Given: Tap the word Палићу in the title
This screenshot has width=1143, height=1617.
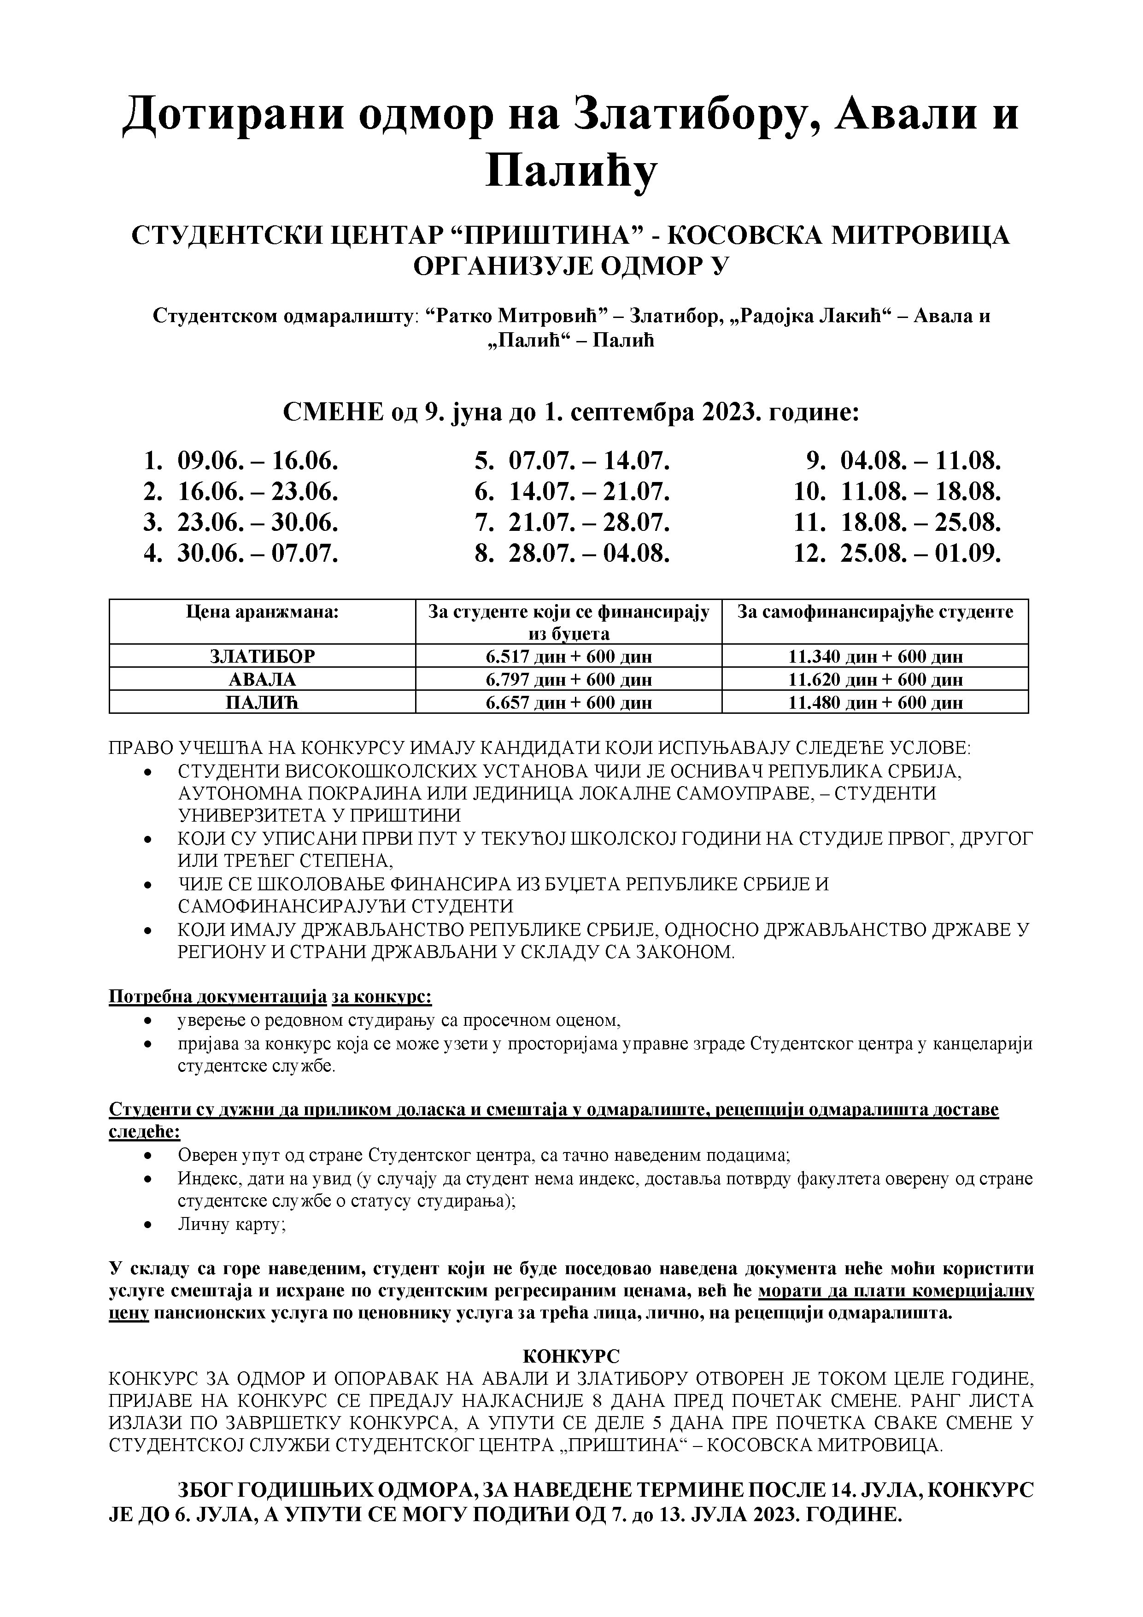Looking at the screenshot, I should point(570,171).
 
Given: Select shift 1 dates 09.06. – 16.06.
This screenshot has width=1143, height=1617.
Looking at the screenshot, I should point(258,461).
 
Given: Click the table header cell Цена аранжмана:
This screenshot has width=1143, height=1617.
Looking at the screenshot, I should point(262,612).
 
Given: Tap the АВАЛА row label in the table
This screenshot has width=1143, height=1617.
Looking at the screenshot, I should point(262,680).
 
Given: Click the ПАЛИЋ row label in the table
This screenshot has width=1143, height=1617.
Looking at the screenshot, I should point(262,702).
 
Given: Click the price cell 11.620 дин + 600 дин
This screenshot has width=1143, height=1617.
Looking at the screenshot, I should point(875,680).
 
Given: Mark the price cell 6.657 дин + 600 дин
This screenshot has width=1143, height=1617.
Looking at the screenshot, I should point(569,702).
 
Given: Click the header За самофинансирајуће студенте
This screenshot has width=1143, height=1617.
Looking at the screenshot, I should point(875,612).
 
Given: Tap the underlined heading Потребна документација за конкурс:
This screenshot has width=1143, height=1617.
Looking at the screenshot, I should point(270,998).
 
